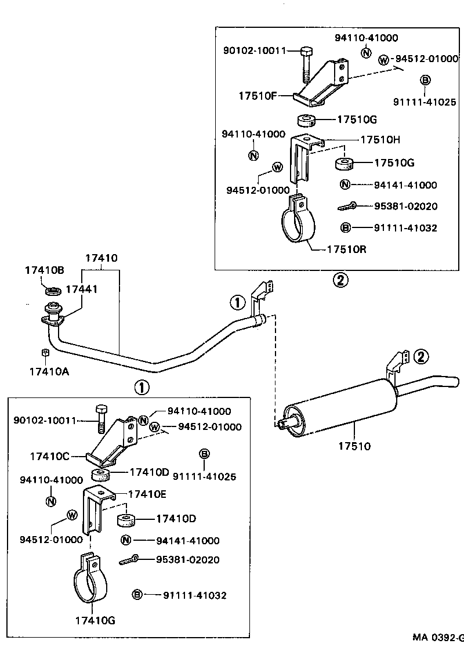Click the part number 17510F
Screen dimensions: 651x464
point(256,95)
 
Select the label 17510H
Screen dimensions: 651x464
point(380,140)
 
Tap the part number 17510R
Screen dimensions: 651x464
point(347,249)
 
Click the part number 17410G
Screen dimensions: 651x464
point(95,620)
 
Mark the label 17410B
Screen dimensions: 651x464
point(44,270)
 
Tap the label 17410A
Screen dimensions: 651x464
point(50,372)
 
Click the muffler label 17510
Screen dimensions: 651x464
point(354,446)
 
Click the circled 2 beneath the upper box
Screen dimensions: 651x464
point(340,280)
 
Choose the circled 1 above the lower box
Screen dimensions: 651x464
point(142,387)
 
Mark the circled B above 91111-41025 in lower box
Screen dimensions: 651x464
point(204,454)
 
